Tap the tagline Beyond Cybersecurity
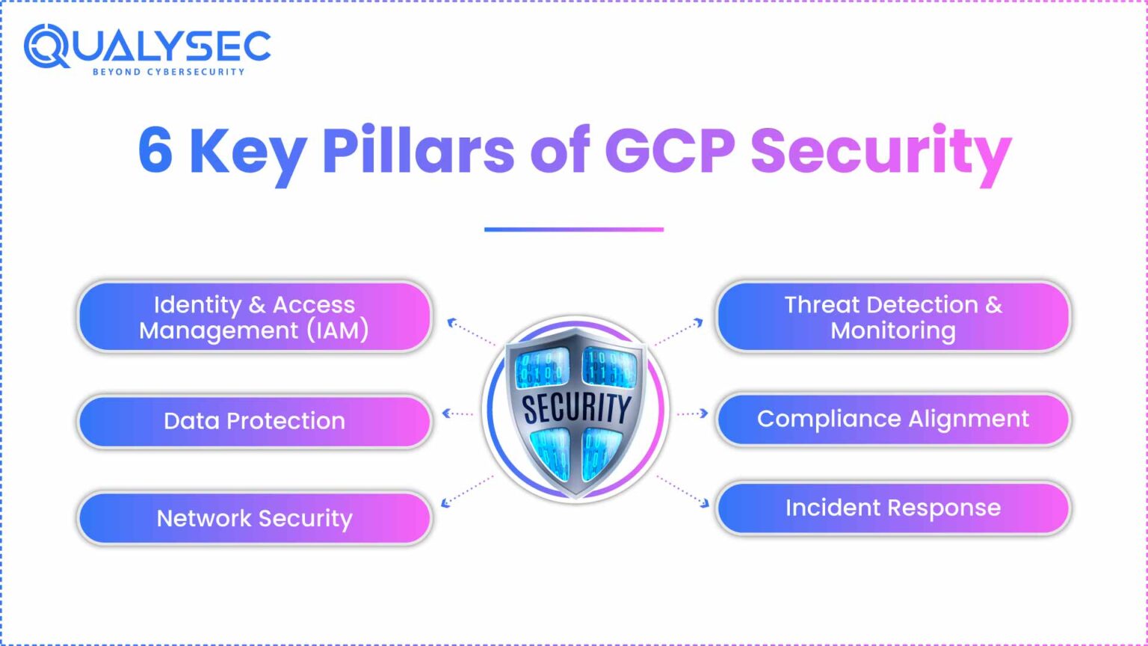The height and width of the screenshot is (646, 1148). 168,72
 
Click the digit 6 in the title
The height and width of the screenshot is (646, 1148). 155,150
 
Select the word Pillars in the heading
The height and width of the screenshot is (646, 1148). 419,150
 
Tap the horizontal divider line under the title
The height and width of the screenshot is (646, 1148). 573,230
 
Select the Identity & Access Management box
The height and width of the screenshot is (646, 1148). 254,317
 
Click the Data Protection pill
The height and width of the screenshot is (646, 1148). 254,421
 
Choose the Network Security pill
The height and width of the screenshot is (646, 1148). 254,518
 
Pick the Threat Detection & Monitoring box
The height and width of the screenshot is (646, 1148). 893,317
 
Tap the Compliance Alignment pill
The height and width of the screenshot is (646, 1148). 893,419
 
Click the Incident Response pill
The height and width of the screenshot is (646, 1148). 893,508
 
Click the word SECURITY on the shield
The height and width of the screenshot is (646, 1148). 575,408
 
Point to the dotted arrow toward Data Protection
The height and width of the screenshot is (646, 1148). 457,413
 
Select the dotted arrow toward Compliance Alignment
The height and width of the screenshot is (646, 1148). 692,413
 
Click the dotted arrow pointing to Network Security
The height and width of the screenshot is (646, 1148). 466,490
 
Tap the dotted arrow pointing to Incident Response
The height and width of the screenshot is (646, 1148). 683,490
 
